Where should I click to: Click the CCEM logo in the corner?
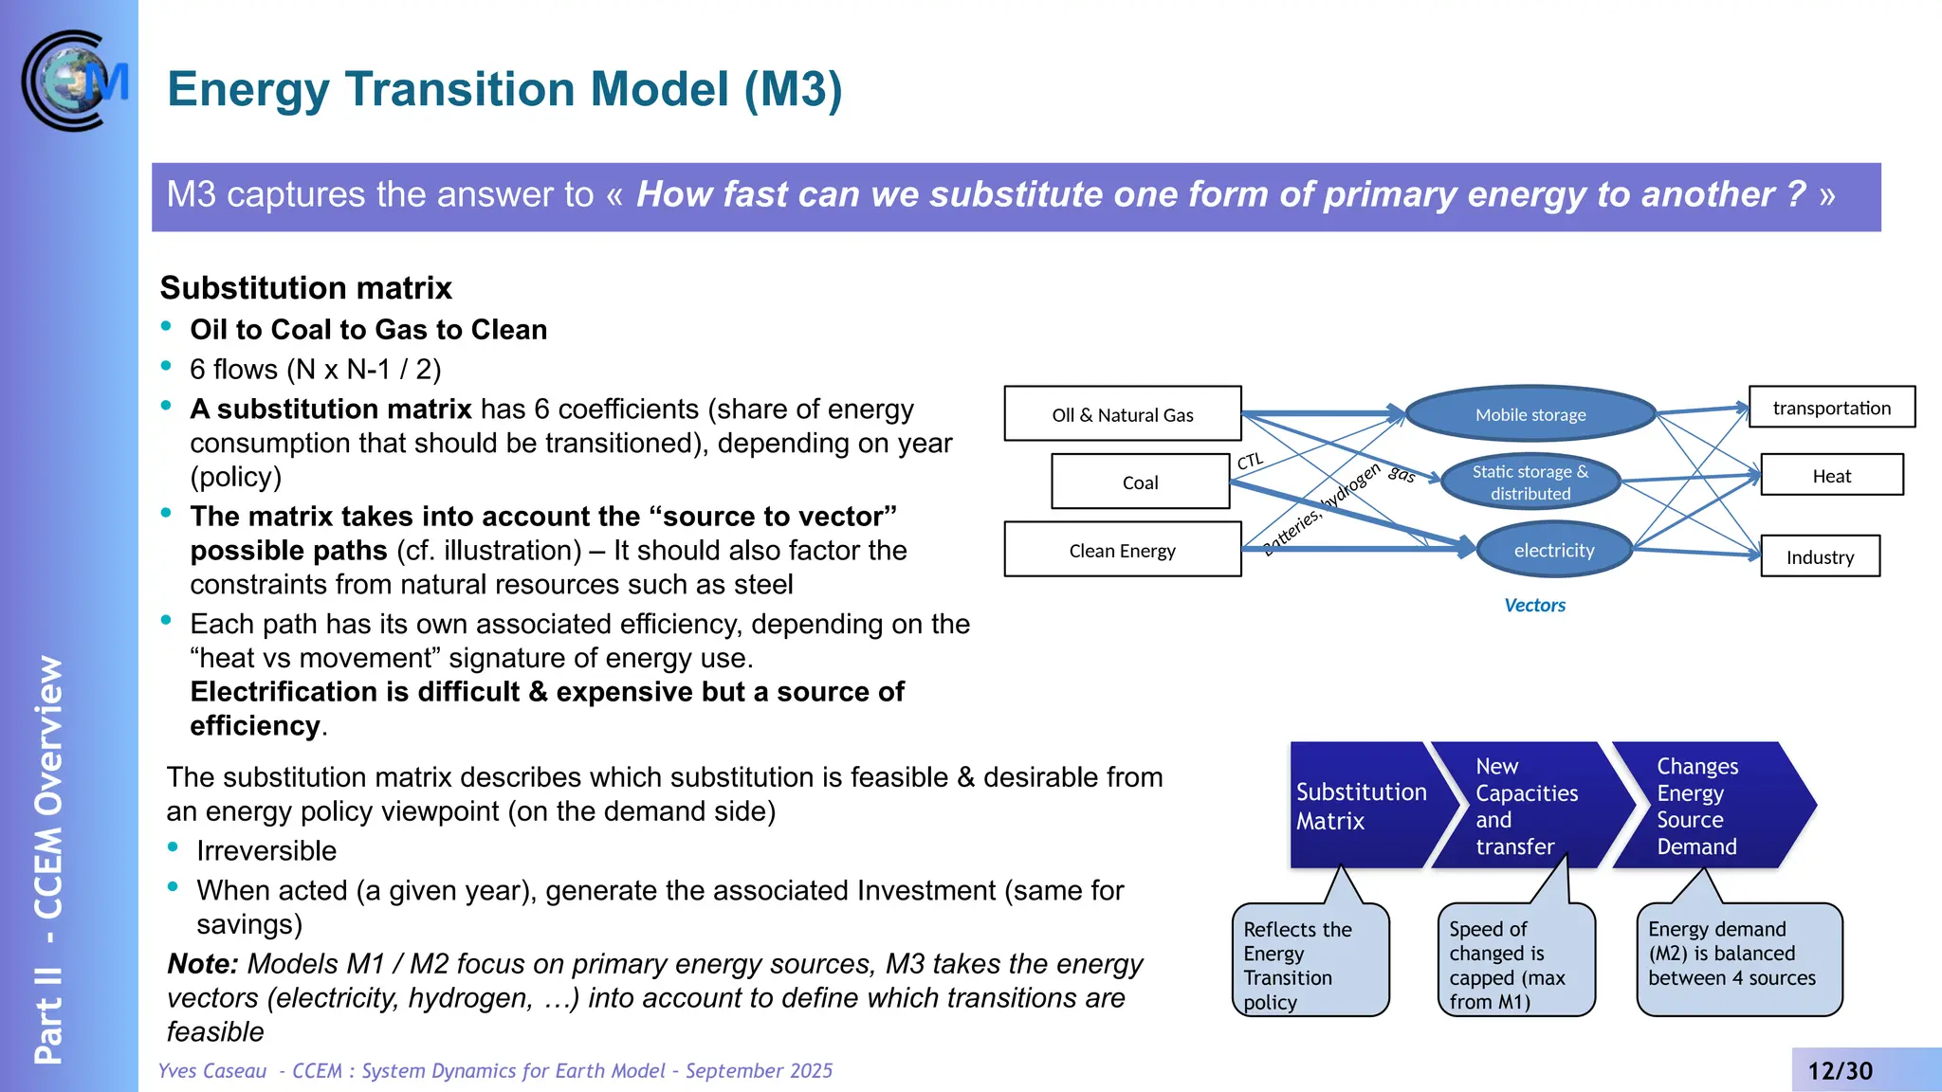74,82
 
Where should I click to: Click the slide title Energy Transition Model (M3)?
504,89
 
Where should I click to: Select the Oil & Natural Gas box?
1122,414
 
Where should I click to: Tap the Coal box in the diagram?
1140,482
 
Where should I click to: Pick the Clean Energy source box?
1122,550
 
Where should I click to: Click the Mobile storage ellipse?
1530,414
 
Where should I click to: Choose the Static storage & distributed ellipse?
1530,482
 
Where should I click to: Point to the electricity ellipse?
1553,550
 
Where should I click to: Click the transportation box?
1831,408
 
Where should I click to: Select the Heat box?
1831,476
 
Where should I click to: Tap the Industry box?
1820,557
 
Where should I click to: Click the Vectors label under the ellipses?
1534,605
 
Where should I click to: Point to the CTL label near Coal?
1251,462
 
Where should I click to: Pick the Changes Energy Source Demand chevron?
1702,806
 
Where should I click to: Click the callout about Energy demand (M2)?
1737,957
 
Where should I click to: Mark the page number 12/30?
1840,1071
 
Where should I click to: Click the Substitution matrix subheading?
305,287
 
